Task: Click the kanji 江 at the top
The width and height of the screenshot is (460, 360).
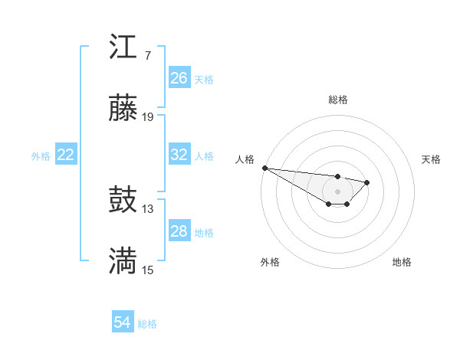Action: pos(123,47)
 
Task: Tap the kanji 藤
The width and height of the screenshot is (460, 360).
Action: pos(123,109)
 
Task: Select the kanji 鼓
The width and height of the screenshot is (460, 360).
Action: pos(123,201)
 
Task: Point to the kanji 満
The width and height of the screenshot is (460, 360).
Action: pos(123,262)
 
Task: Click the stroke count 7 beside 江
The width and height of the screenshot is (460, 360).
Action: pos(147,56)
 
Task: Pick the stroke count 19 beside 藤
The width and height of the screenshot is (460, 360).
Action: pos(148,117)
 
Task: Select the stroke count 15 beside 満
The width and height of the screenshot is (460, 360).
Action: pos(148,270)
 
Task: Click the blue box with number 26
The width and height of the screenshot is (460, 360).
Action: pos(179,78)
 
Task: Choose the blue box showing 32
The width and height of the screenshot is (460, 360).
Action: pos(179,155)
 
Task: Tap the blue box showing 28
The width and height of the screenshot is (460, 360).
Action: pos(179,231)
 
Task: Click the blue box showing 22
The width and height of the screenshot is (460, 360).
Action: pos(66,155)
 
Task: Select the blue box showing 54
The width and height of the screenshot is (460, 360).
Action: pos(123,322)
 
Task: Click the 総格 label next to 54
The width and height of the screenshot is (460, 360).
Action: pos(147,324)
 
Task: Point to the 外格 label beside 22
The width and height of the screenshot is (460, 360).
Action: pos(41,156)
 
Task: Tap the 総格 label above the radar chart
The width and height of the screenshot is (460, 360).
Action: pos(337,100)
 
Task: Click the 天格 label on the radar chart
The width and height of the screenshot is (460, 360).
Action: pos(431,159)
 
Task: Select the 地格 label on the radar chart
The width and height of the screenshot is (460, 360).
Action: pos(402,262)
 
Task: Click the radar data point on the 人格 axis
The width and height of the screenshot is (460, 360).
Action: pos(264,168)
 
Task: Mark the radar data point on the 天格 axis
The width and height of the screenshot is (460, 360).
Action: pos(367,182)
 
